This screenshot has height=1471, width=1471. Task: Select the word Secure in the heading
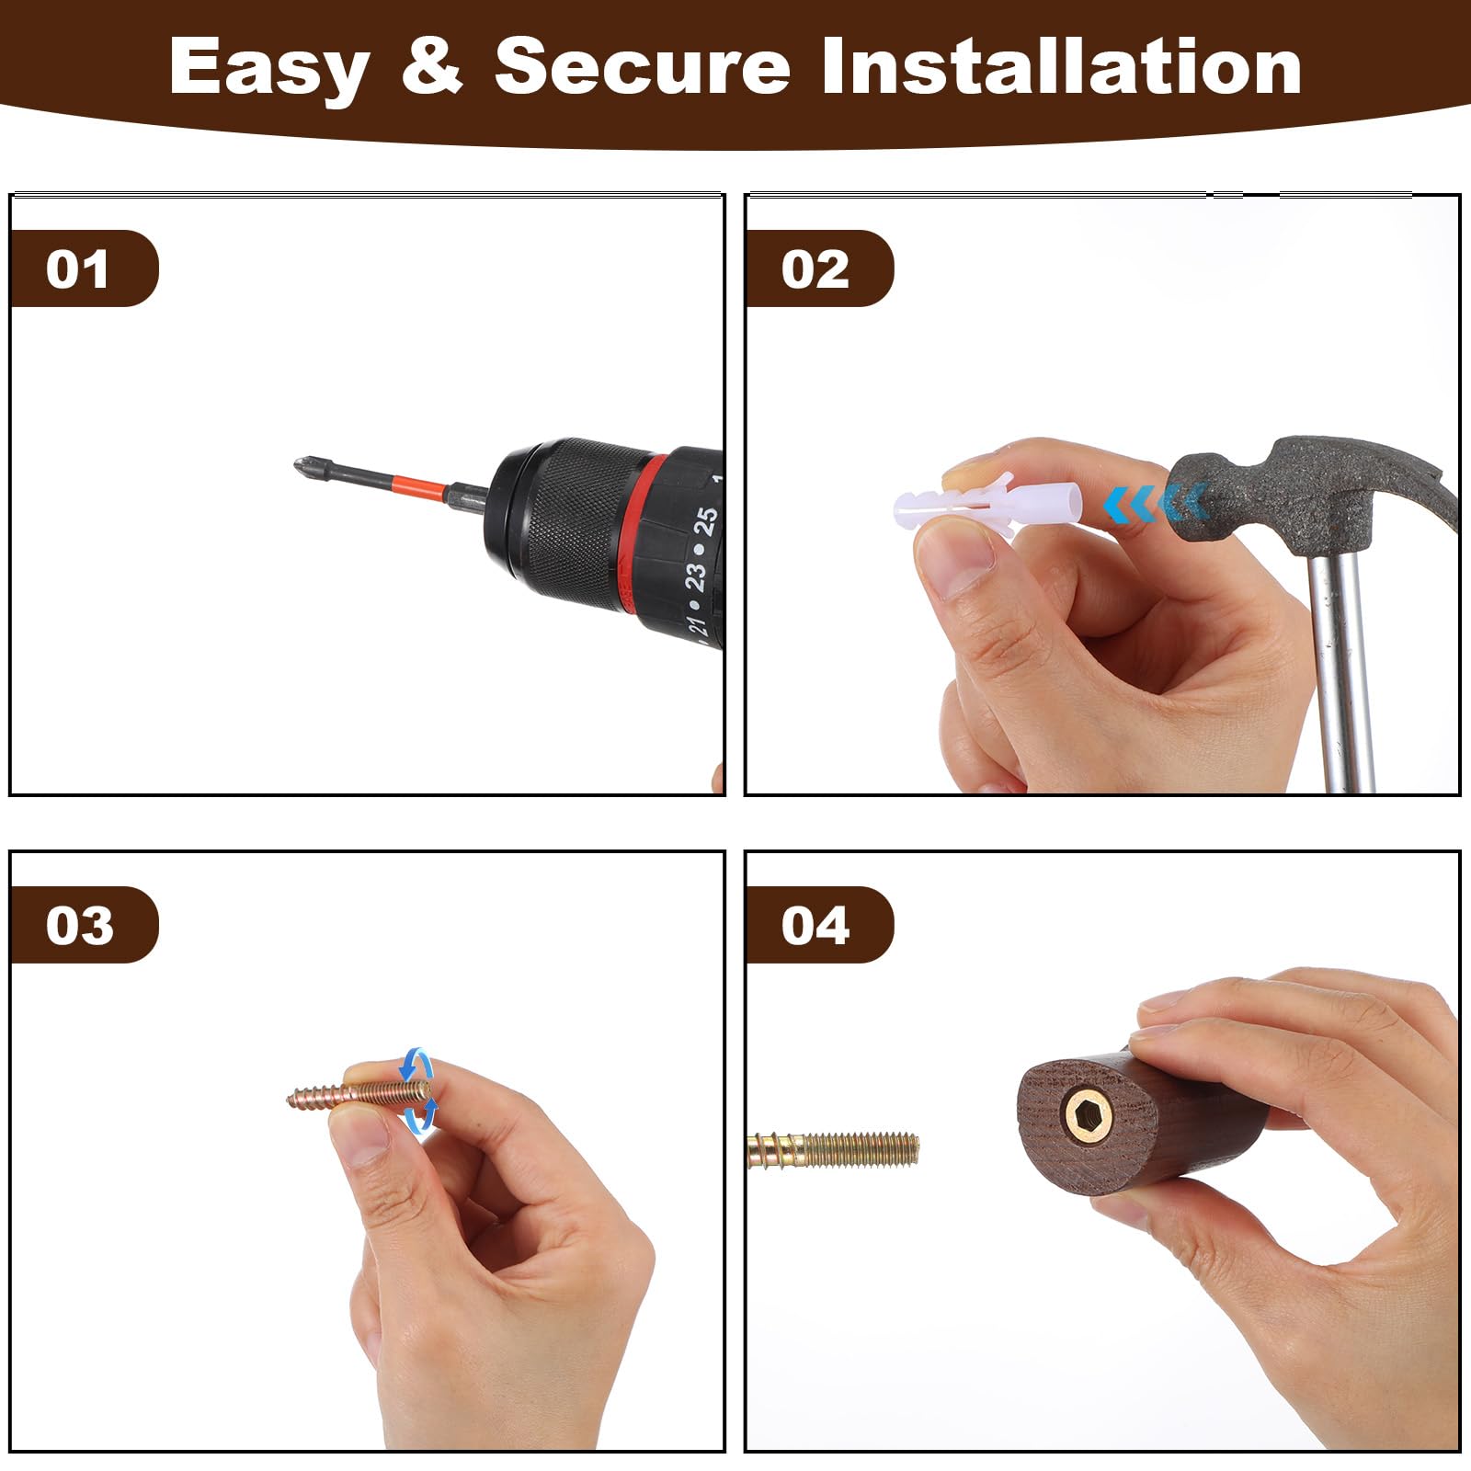[x=643, y=65]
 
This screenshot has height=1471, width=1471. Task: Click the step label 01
[x=77, y=269]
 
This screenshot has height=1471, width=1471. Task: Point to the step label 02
[x=815, y=269]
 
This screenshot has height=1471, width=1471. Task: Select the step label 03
[x=79, y=925]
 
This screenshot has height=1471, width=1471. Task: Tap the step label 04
[x=815, y=925]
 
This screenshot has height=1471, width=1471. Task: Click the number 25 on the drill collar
[x=705, y=521]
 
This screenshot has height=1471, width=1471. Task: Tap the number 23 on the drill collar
[x=695, y=577]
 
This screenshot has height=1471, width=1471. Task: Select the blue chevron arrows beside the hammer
[x=1157, y=504]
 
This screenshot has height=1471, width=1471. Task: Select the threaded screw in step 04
[x=833, y=1149]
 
